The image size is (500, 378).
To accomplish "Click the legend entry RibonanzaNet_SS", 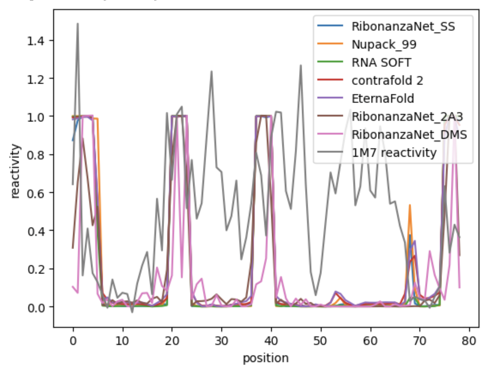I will pos(403,27).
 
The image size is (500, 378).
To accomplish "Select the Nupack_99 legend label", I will pos(384,45).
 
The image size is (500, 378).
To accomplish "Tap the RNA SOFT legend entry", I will pos(381,62).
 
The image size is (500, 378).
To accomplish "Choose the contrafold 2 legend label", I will pos(387,80).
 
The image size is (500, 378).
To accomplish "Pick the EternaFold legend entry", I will pos(383,98).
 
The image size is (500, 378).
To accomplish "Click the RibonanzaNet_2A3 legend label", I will pos(407,117).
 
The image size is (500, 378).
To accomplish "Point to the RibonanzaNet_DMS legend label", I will pos(409,135).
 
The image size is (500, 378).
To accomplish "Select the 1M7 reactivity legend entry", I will pos(394,152).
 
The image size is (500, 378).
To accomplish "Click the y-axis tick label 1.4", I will pos(36,41).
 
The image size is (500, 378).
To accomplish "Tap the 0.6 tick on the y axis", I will pos(36,193).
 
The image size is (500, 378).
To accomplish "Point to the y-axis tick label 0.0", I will pos(36,307).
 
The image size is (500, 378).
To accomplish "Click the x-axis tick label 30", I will pos(222,341).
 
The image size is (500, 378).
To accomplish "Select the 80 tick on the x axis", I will pos(469,341).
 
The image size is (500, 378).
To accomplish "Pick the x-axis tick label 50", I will pos(320,341).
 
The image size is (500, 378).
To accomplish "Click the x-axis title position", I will pos(266,358).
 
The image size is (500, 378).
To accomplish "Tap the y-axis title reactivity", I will pos(15,171).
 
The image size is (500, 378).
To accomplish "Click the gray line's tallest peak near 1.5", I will pos(78,24).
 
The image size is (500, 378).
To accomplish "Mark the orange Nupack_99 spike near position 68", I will pos(410,205).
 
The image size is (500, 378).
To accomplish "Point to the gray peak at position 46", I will pos(301,65).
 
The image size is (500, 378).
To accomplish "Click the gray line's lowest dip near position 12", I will pos(132,312).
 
